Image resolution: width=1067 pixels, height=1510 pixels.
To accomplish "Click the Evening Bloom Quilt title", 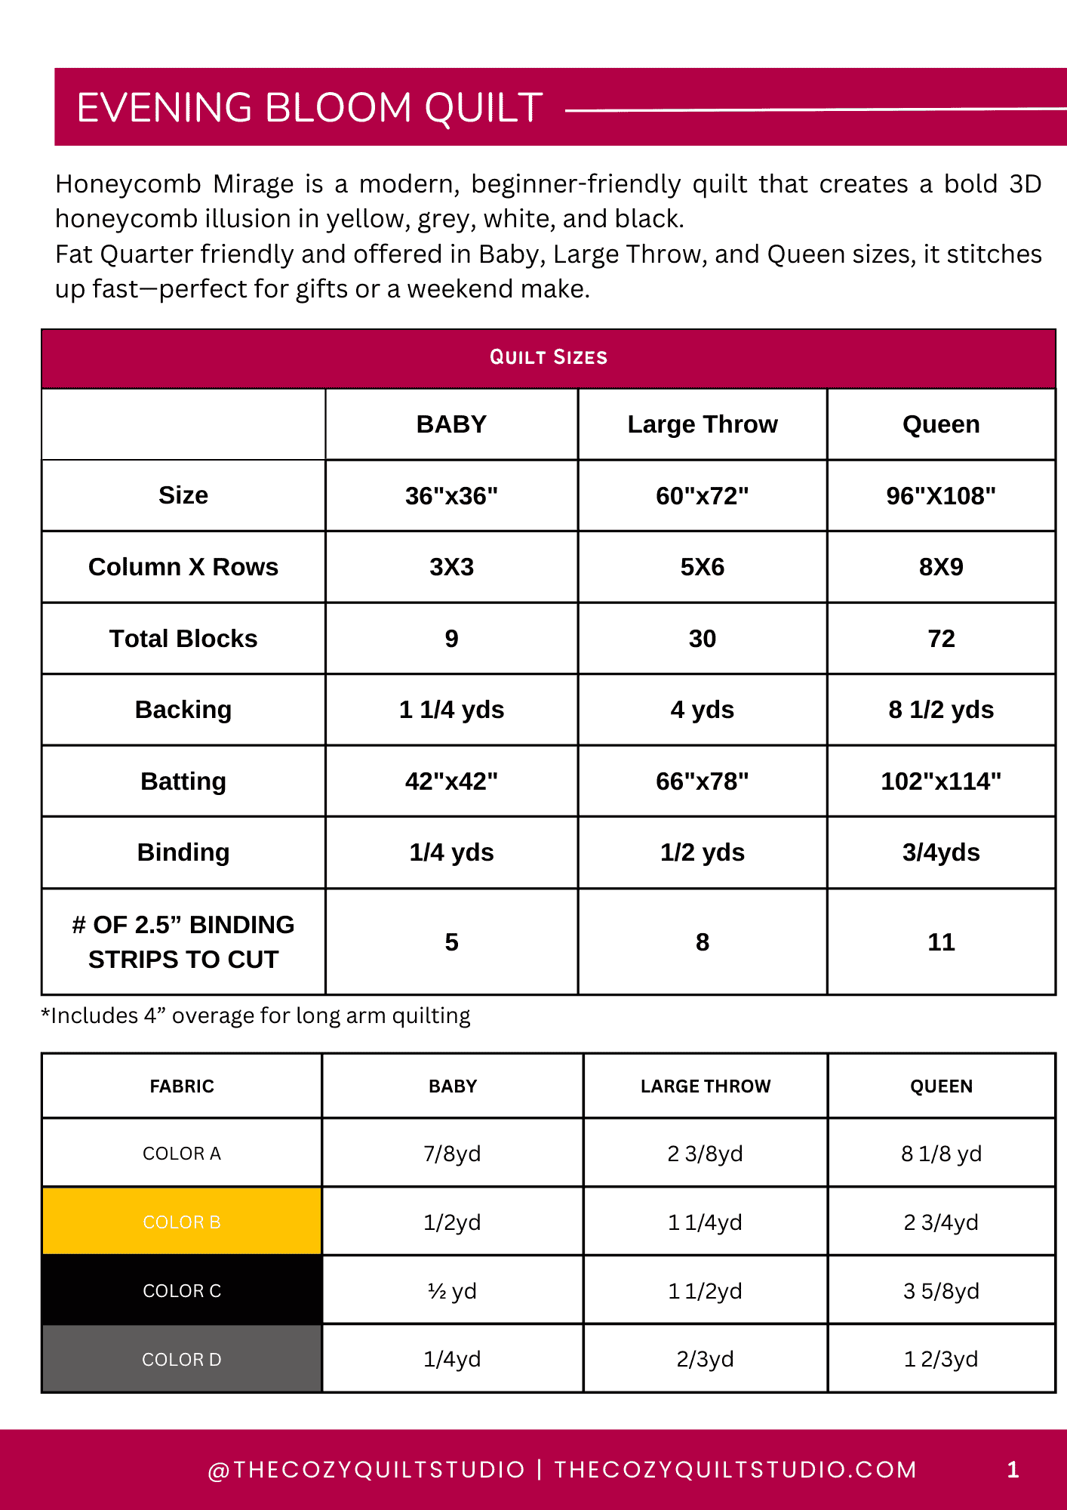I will point(309,107).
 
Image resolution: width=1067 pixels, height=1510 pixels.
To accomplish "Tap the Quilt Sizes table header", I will point(549,358).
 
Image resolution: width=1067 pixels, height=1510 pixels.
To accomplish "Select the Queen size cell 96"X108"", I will point(940,496).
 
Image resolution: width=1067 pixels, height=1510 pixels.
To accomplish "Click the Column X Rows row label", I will point(183,567).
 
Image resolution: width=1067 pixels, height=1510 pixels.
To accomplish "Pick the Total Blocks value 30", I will point(702,639).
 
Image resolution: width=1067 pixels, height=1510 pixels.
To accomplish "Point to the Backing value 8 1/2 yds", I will point(940,710).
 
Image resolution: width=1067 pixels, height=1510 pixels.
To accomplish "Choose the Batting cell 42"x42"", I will point(451,781).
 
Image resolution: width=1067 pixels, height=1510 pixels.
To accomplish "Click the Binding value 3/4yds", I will point(940,852).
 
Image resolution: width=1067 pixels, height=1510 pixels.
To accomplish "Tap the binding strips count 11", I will point(940,942).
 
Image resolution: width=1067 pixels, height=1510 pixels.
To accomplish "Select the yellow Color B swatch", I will point(182,1222).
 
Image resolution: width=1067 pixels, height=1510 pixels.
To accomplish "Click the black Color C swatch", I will point(182,1290).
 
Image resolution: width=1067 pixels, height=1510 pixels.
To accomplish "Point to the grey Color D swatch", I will point(182,1359).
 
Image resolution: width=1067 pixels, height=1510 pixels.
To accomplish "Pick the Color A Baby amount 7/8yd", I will point(452,1154).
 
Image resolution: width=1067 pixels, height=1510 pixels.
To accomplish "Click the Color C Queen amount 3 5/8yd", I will point(940,1291).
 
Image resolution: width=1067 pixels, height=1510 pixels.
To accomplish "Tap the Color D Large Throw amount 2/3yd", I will point(705,1359).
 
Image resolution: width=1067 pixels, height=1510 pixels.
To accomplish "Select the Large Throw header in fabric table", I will point(705,1086).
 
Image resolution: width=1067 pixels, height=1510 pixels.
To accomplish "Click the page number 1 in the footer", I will point(1013,1469).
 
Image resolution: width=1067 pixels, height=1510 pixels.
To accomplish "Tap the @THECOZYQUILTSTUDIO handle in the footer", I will point(366,1469).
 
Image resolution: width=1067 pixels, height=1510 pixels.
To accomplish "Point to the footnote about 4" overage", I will point(256,1016).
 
